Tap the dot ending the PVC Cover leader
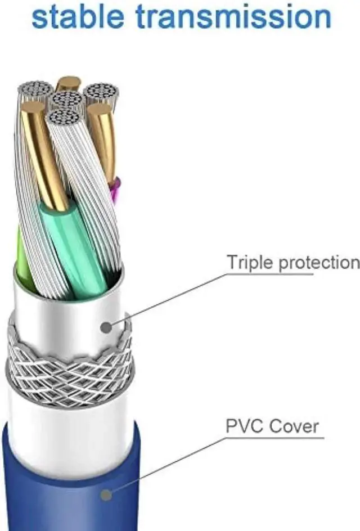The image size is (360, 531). [x=105, y=494]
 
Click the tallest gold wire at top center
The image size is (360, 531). [x=68, y=84]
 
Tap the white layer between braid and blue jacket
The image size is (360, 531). [x=67, y=416]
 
